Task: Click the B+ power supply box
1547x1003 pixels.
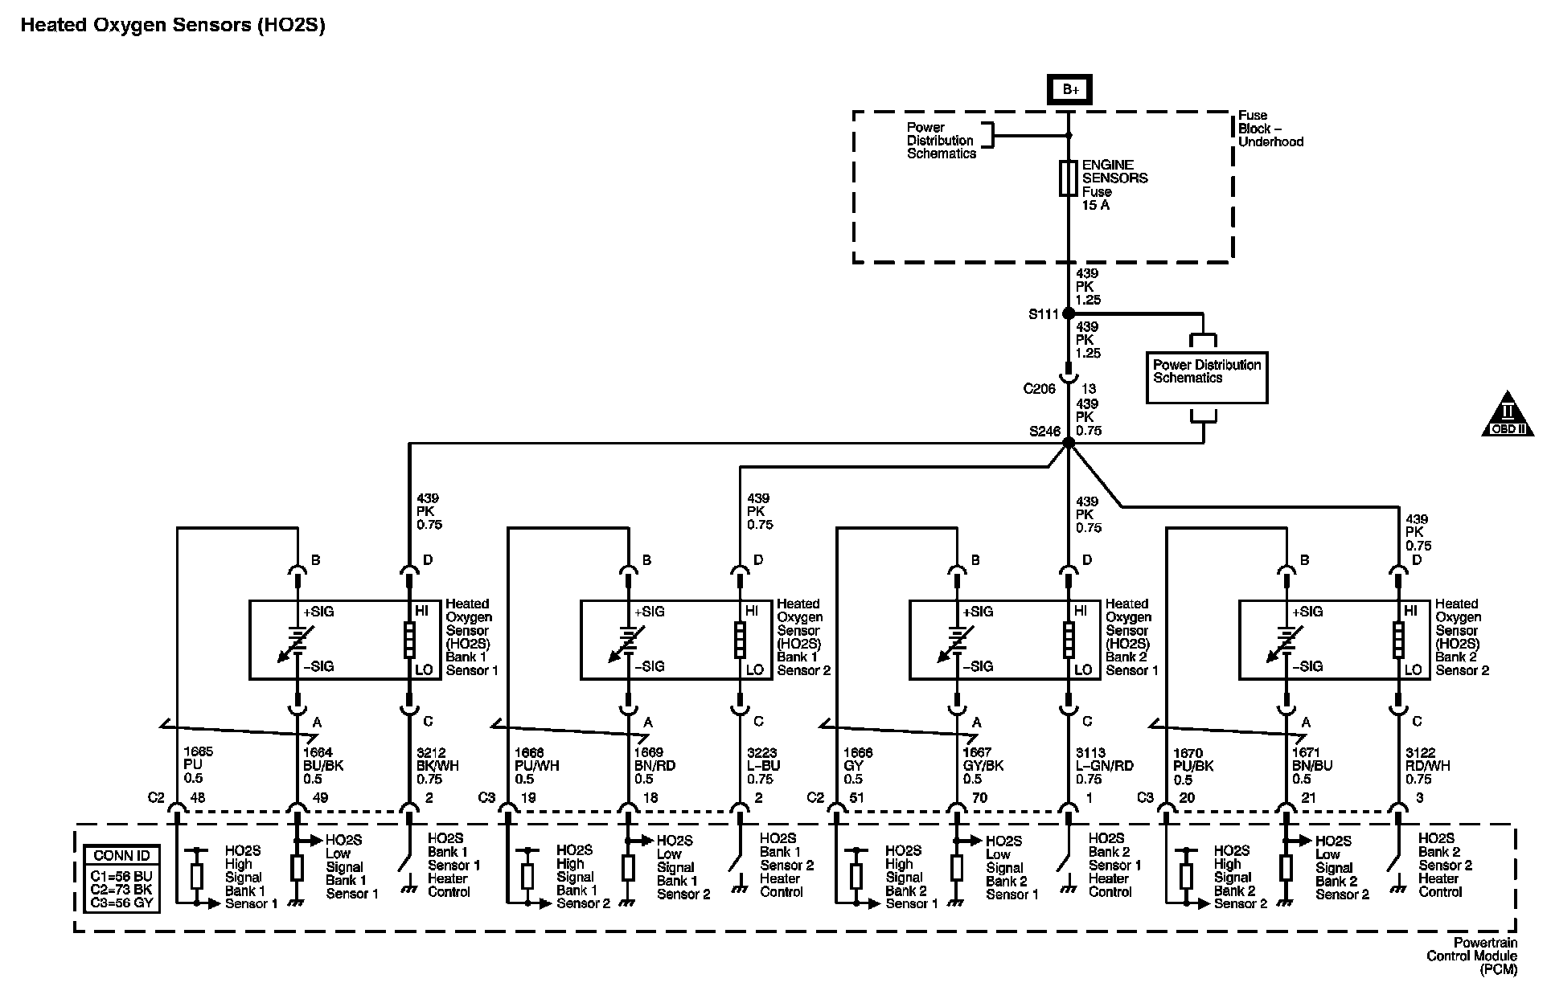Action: (1069, 89)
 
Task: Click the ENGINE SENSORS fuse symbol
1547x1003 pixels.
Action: (1068, 178)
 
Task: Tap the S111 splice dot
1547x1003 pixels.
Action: (1069, 313)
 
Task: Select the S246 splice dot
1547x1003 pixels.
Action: (1069, 443)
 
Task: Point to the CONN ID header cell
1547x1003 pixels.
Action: (121, 856)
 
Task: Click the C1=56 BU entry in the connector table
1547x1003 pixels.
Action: (121, 876)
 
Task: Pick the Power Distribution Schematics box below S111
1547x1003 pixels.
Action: (1206, 377)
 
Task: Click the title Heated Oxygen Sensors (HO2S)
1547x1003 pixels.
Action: (173, 25)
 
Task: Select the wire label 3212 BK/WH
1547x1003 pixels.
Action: (438, 765)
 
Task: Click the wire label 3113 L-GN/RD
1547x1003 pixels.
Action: (1104, 765)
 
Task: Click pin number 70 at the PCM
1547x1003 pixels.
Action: (979, 798)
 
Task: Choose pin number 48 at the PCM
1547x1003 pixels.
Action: (197, 798)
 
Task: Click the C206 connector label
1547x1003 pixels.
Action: (1039, 389)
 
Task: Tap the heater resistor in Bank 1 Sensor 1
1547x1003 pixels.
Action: (409, 640)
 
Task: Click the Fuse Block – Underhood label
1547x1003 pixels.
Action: (1270, 129)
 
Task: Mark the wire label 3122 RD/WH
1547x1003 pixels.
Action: (1428, 765)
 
